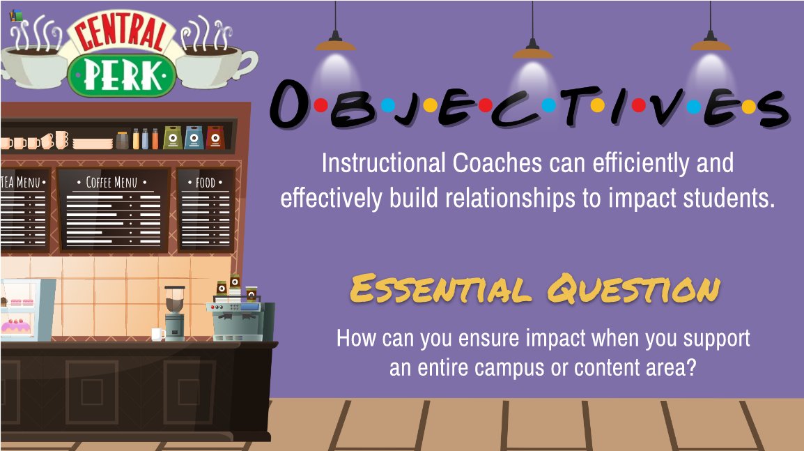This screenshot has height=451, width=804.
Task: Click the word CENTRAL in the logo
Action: point(121,33)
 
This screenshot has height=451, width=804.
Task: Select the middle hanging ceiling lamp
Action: point(532,50)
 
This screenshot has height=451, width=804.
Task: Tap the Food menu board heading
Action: point(206,183)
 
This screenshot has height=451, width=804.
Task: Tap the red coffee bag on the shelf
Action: point(215,138)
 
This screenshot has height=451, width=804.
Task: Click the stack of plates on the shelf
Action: point(93,144)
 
